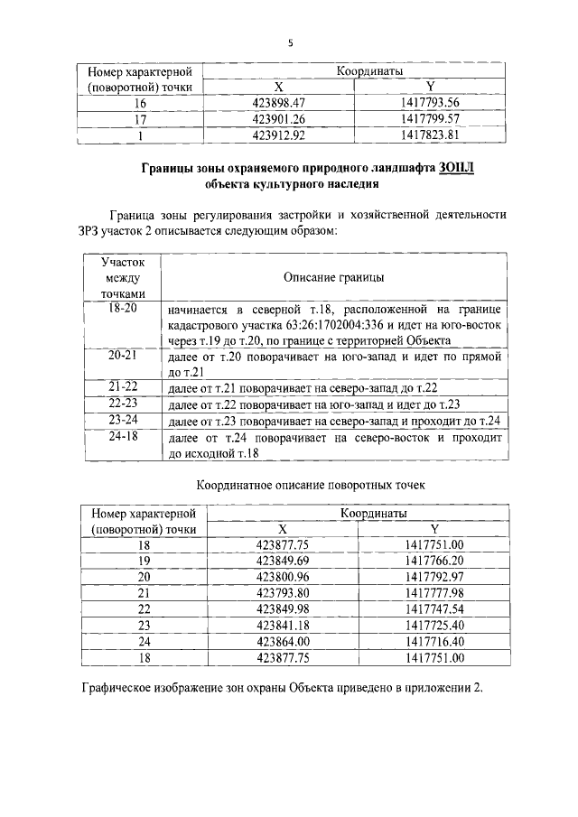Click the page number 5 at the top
(291, 42)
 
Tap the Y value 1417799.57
(430, 118)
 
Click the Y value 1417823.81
(430, 135)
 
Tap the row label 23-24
(121, 420)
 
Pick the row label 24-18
(121, 436)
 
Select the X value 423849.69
(282, 561)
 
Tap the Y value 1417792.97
(434, 576)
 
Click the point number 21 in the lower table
(144, 592)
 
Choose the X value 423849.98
(282, 608)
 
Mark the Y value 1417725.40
(434, 624)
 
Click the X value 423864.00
(282, 640)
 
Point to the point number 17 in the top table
(140, 118)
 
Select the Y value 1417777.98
(434, 592)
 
